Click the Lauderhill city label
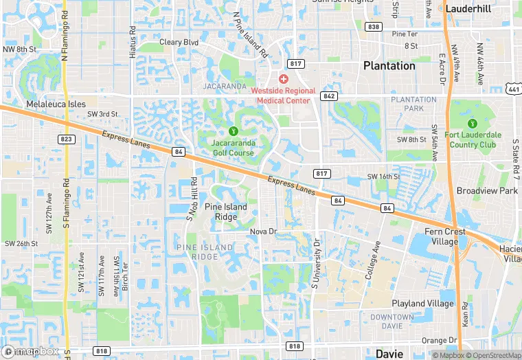[x=470, y=9]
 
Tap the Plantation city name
[x=389, y=66]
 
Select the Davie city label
[x=390, y=354]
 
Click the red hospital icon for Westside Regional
[x=283, y=80]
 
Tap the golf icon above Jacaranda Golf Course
[x=234, y=131]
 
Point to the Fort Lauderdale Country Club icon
[x=472, y=124]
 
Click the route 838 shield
[x=374, y=27]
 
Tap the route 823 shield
[x=67, y=139]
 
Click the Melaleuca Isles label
[x=56, y=104]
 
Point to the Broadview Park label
[x=487, y=190]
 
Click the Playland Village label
[x=422, y=303]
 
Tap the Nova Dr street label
[x=262, y=232]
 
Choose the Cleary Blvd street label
[x=179, y=42]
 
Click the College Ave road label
[x=373, y=260]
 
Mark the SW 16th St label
[x=383, y=177]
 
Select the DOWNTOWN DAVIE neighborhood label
[x=391, y=321]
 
